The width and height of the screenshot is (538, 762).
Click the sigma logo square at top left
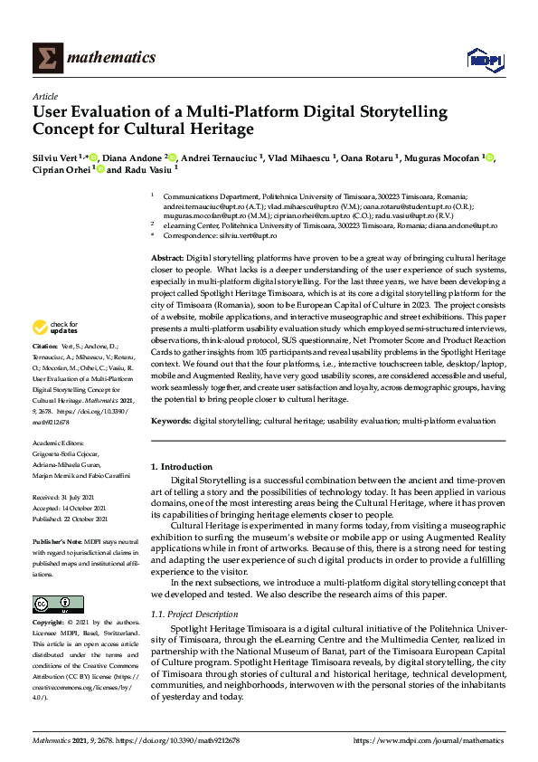pos(47,58)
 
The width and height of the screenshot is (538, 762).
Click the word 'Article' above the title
pos(44,96)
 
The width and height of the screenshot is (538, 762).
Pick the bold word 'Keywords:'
pos(171,421)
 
